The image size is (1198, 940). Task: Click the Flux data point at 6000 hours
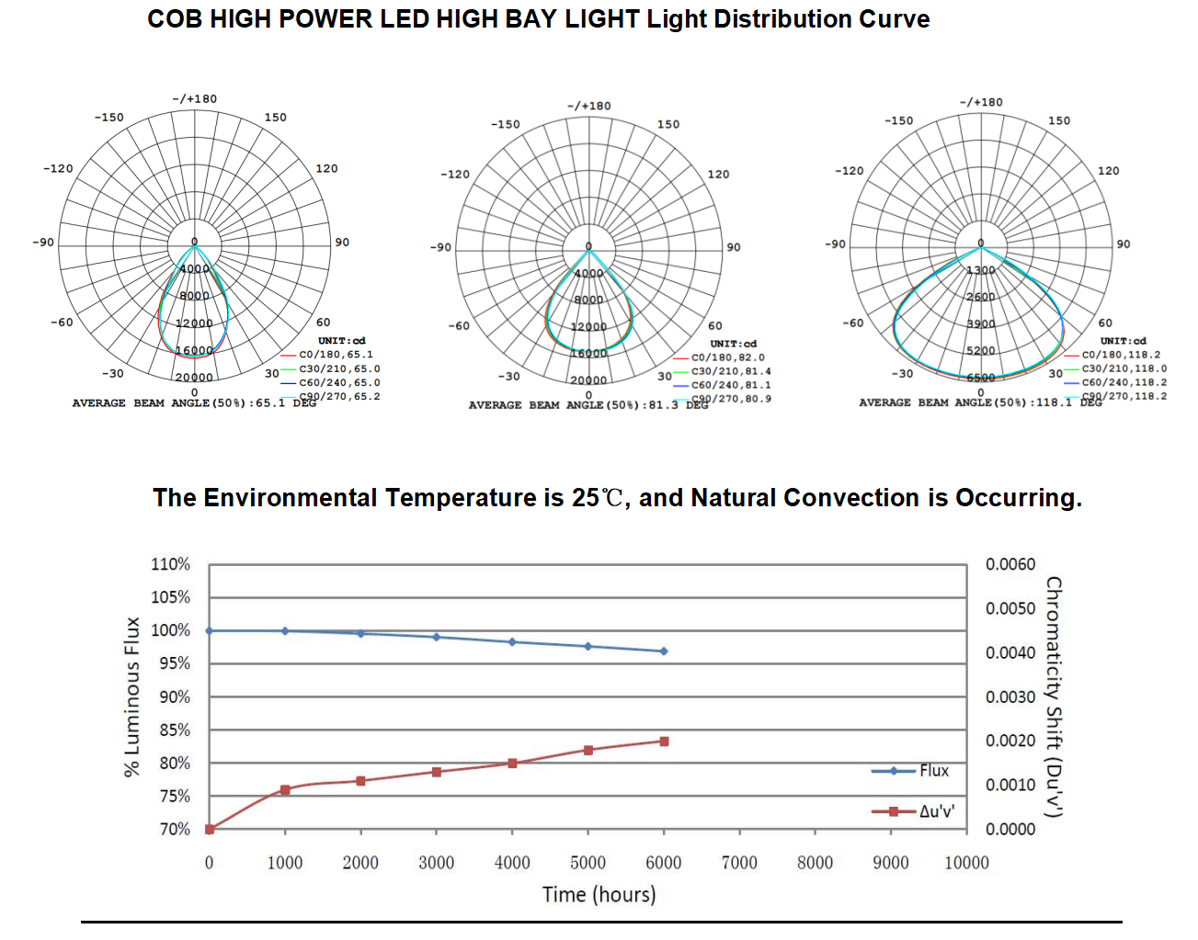tap(664, 651)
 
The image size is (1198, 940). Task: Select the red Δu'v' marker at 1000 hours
tap(285, 790)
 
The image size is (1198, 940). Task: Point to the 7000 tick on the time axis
tap(739, 862)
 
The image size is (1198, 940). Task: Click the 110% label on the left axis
tap(170, 564)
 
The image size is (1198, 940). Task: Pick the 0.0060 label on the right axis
tap(1010, 564)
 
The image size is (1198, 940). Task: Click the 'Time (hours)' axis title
tap(599, 894)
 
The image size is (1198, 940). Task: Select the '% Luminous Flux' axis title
tap(132, 697)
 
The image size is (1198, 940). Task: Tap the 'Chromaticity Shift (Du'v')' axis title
tap(1054, 697)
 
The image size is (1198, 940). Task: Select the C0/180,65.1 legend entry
tap(336, 355)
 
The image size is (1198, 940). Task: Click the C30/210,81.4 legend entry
tap(731, 371)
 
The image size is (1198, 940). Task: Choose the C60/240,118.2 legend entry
tap(1124, 382)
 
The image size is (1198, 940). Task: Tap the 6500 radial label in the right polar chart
tap(980, 378)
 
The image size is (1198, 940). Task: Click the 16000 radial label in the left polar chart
tap(194, 350)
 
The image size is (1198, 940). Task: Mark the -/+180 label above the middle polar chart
tap(588, 106)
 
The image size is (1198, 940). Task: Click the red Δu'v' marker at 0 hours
tap(210, 829)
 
